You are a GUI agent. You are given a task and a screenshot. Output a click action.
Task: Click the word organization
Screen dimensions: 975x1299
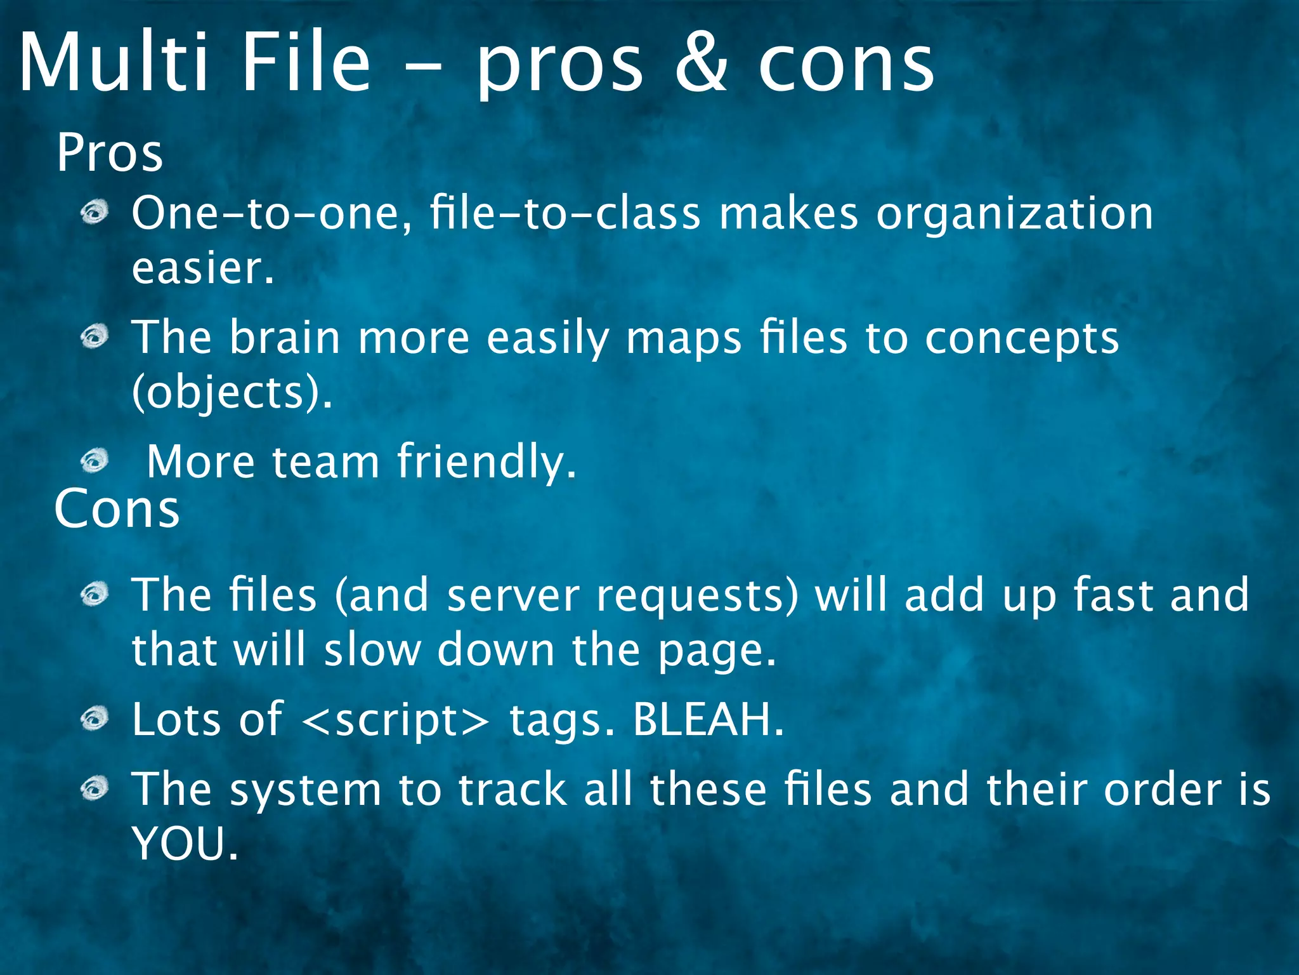1014,214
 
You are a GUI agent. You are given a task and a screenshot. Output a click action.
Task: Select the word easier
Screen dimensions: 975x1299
202,268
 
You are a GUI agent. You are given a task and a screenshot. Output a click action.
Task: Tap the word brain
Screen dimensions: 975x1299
285,337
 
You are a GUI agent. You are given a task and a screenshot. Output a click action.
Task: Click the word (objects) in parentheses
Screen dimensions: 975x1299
232,392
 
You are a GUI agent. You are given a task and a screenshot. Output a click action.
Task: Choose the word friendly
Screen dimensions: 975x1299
486,461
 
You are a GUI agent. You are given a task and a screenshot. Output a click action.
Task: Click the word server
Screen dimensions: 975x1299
513,595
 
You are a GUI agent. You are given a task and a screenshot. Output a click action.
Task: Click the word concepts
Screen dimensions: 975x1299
1022,338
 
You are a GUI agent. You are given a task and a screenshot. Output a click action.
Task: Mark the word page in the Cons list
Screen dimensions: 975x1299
716,651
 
